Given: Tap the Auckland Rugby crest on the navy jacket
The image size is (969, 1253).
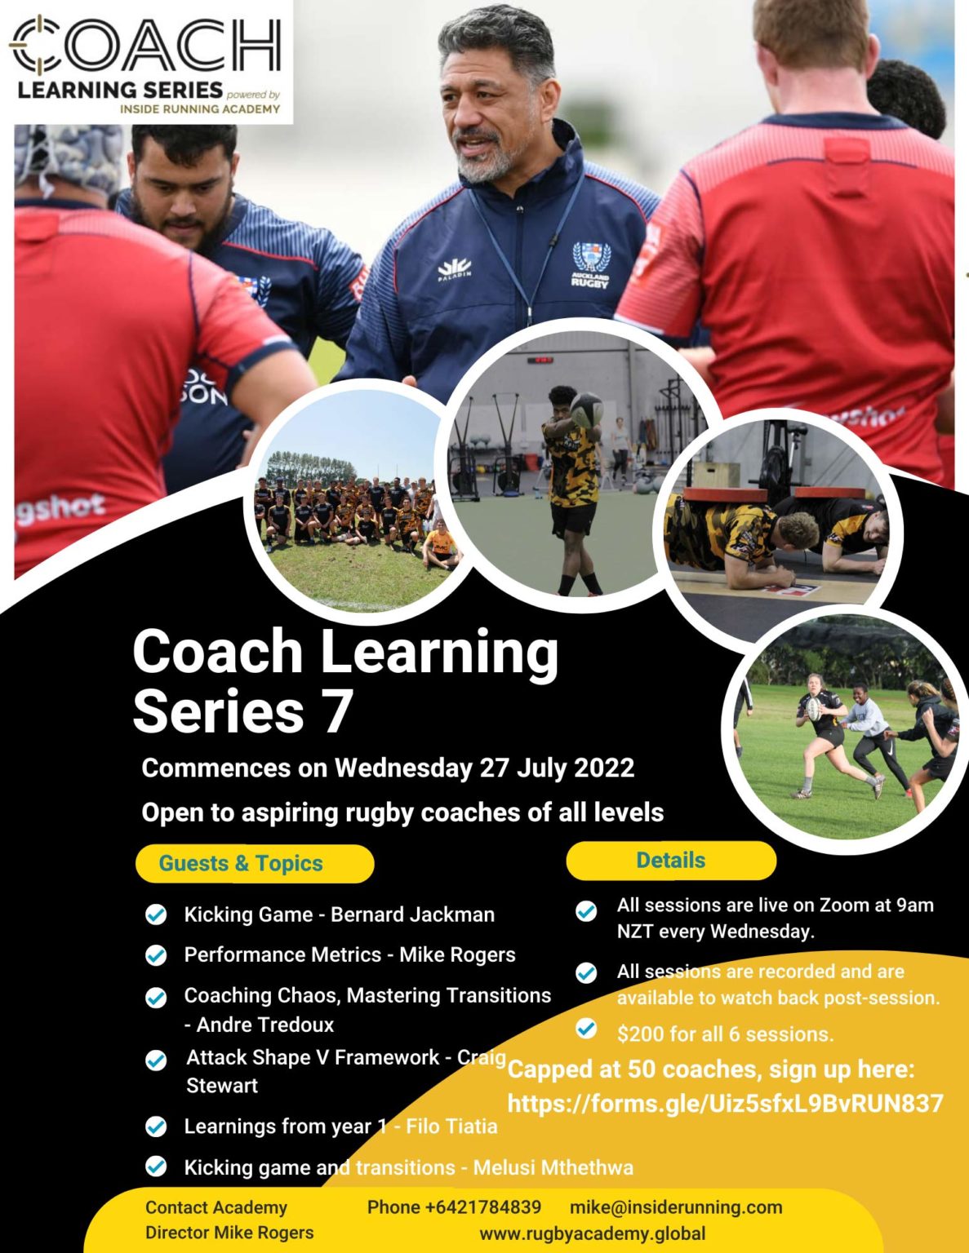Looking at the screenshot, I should (x=590, y=263).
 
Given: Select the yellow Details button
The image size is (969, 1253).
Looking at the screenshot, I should (x=670, y=861).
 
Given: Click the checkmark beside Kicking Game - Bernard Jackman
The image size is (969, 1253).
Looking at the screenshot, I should (x=156, y=915).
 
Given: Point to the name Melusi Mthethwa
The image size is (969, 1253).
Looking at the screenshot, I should (x=553, y=1167).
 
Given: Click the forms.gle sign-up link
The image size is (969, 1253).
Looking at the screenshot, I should (x=725, y=1104).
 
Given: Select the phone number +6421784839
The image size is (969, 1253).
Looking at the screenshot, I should (x=454, y=1207).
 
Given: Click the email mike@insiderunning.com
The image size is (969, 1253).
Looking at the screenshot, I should (x=676, y=1207).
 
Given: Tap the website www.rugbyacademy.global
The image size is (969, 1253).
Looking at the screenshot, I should (x=593, y=1233).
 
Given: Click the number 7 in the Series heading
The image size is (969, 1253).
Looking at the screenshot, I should (x=337, y=712).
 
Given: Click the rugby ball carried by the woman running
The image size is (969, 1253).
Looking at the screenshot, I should (x=814, y=708).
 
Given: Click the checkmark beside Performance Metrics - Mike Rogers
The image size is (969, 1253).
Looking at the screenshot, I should (x=156, y=955).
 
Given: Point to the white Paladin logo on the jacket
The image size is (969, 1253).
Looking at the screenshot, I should (x=454, y=268).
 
